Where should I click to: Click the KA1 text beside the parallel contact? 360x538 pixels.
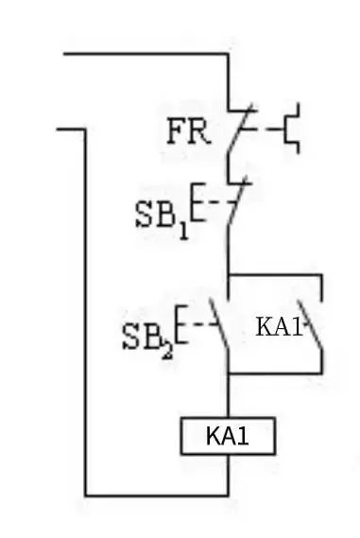click(x=278, y=327)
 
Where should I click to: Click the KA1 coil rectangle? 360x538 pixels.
click(x=228, y=437)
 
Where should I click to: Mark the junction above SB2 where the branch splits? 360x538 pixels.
click(x=228, y=276)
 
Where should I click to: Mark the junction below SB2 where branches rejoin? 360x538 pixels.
click(x=228, y=373)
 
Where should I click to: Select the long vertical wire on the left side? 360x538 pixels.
click(x=85, y=312)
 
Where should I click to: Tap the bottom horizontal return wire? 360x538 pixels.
click(x=156, y=495)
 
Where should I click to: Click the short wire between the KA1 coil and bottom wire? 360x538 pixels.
click(x=228, y=475)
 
